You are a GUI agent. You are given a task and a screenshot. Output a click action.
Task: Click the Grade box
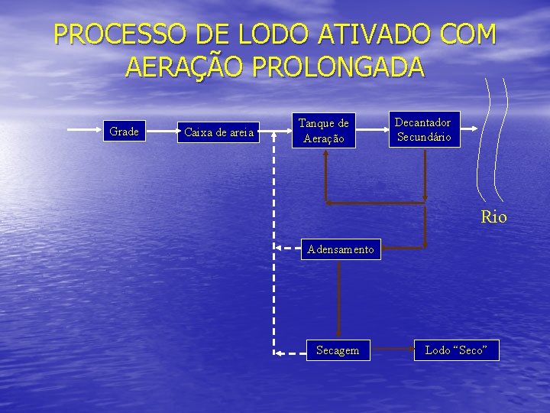coord(124,132)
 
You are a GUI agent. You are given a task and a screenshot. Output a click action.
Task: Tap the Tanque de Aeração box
coord(323,131)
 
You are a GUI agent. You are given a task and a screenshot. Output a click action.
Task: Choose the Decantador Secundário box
coord(423,130)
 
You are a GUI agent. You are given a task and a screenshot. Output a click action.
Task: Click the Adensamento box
coord(340,249)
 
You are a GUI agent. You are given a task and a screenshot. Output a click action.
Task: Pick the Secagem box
coord(337,350)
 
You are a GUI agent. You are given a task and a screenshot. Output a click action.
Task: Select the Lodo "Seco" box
coord(455,350)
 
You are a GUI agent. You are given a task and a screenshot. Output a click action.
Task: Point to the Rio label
coord(493,217)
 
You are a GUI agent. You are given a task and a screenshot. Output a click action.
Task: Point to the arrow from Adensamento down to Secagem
coord(339,298)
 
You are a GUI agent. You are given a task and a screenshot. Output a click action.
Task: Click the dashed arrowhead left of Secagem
coord(280,353)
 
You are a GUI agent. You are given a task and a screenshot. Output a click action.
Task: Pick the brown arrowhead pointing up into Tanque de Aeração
coord(326,153)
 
